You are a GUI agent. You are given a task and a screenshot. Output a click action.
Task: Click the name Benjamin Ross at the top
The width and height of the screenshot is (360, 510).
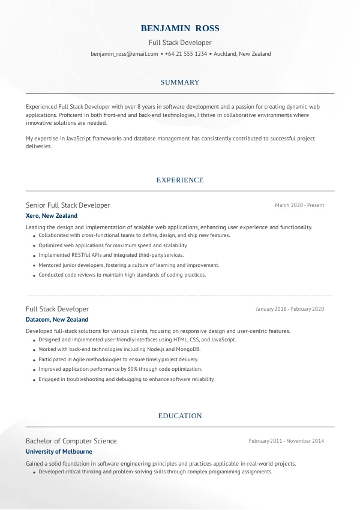pos(180,28)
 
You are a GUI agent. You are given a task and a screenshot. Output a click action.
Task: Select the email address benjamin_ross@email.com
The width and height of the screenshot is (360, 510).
pos(124,54)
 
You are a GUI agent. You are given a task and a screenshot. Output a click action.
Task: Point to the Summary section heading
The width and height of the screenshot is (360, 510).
pos(180,82)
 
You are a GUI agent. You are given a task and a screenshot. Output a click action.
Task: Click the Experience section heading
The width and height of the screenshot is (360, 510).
pos(180,180)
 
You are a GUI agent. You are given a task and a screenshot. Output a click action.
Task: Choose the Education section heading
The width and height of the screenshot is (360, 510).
pos(180,416)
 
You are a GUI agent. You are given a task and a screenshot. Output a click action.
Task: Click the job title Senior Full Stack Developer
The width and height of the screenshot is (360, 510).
pos(68,205)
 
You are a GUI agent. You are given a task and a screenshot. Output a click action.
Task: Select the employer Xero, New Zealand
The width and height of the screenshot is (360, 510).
pos(52,216)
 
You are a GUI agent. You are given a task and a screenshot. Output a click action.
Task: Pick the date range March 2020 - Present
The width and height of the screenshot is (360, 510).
pos(299,205)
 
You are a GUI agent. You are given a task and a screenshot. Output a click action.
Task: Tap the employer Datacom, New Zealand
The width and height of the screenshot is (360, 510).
pos(57,320)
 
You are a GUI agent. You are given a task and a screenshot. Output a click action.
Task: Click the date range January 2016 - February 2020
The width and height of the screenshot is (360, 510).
pos(290,309)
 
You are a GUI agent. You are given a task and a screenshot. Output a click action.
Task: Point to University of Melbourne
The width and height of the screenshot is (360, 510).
pos(59,452)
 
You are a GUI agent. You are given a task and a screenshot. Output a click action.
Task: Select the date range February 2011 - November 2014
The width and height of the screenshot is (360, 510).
pos(286,441)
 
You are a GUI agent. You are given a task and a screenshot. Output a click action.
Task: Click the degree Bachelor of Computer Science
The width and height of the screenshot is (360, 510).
pos(71,441)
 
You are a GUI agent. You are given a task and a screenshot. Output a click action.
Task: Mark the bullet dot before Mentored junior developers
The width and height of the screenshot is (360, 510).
pos(32,265)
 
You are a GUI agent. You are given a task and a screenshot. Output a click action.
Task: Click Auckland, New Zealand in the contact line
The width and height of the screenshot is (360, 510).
pos(242,54)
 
